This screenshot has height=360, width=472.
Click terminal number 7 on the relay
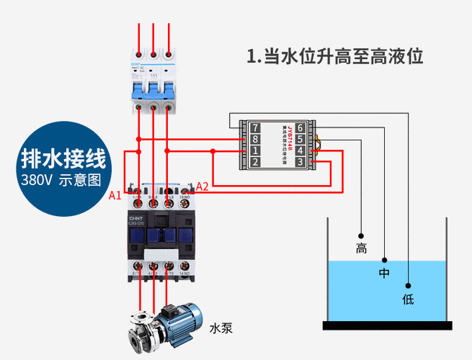[255, 128]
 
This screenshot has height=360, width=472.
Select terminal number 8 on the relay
[255, 140]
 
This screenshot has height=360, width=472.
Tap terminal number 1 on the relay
[255, 151]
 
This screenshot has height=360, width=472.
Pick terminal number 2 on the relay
[255, 163]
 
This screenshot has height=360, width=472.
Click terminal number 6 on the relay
[300, 128]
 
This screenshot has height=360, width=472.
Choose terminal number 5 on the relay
[300, 140]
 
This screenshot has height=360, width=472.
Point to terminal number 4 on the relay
[300, 151]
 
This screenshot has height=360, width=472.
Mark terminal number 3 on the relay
[300, 163]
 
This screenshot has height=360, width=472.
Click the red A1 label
[115, 194]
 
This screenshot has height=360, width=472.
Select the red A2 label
[202, 186]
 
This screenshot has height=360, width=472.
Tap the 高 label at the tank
[361, 249]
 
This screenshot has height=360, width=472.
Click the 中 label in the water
[384, 274]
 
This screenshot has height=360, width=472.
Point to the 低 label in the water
[408, 299]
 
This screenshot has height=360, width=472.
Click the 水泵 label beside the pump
[221, 328]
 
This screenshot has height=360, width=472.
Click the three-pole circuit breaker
[153, 76]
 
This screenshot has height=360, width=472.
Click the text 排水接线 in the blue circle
[63, 157]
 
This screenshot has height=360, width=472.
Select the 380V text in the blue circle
[36, 179]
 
